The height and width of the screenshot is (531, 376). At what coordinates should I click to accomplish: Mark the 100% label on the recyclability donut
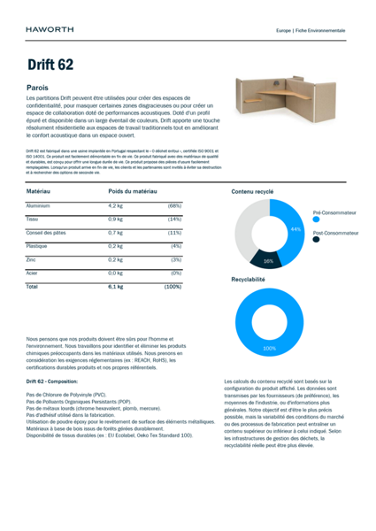[x=269, y=349]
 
